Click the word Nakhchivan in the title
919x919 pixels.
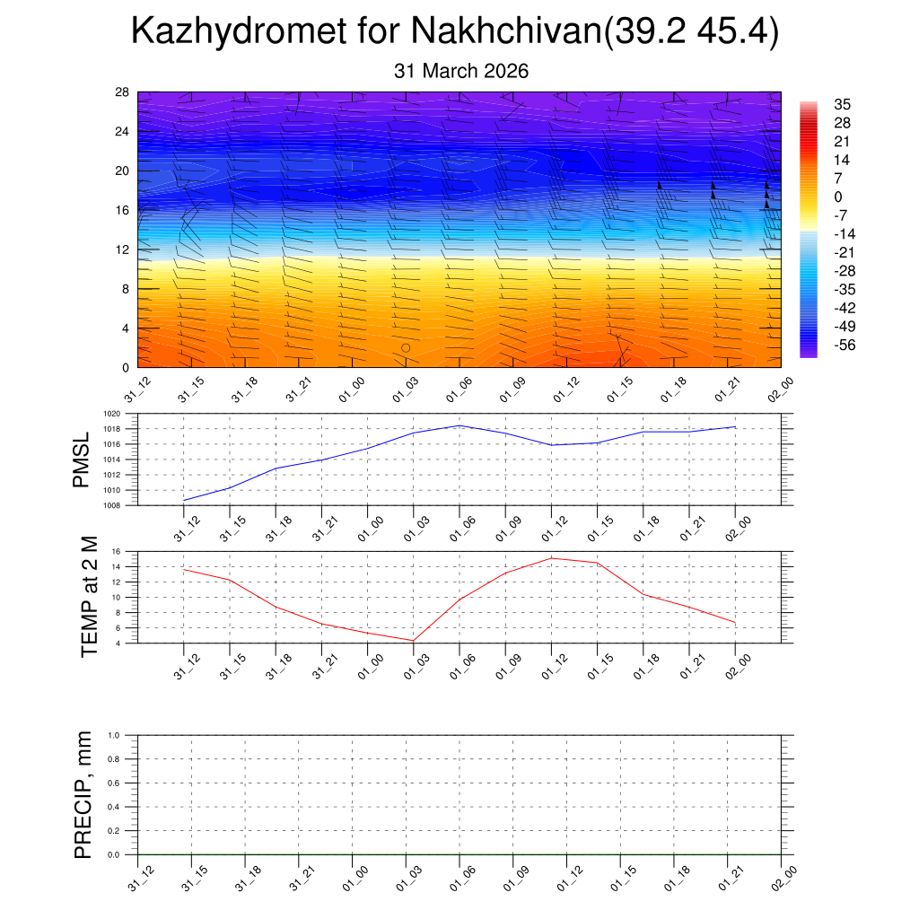(506, 32)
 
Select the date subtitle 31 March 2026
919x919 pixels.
(461, 71)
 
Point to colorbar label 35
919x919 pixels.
(842, 104)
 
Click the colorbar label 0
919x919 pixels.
(838, 197)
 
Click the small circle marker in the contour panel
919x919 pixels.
(406, 348)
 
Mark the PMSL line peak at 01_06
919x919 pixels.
(459, 425)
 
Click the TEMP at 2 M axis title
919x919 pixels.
(88, 597)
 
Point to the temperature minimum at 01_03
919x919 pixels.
(414, 641)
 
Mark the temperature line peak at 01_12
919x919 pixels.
(551, 558)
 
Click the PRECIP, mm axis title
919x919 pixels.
(83, 794)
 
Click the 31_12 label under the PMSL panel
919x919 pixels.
(186, 522)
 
